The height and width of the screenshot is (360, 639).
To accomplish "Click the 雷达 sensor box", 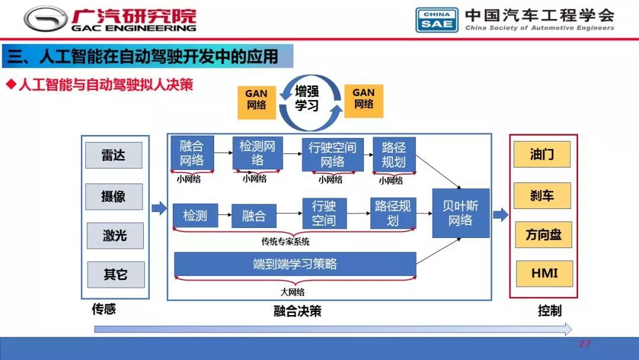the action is click(114, 155).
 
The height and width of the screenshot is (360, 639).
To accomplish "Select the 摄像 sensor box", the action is click(114, 197).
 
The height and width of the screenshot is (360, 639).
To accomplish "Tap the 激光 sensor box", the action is click(115, 236).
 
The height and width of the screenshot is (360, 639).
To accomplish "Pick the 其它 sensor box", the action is click(116, 274).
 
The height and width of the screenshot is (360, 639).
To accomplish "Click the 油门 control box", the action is click(542, 154).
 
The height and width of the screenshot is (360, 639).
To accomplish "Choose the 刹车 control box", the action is click(542, 196).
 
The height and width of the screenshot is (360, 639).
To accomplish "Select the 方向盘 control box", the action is click(544, 235).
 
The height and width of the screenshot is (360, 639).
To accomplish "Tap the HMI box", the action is click(544, 274).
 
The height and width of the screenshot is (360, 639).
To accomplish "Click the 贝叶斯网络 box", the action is click(461, 213).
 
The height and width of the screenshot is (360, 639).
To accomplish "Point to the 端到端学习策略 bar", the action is click(295, 264).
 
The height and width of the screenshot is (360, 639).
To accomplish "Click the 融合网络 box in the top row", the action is click(192, 153).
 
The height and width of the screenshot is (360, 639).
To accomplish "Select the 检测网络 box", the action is click(257, 153).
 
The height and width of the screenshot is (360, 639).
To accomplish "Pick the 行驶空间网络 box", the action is click(333, 155).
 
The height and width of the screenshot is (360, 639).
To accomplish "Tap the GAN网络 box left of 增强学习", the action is click(256, 102).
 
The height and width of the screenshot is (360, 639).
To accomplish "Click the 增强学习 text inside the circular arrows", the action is click(307, 98).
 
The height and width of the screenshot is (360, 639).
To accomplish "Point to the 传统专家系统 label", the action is click(285, 242).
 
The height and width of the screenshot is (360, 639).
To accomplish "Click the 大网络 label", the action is click(293, 292).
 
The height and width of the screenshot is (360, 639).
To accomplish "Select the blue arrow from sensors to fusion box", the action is click(159, 208).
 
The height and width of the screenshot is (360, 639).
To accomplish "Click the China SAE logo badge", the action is click(437, 20).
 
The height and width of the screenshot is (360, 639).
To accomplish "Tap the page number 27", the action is click(585, 343).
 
